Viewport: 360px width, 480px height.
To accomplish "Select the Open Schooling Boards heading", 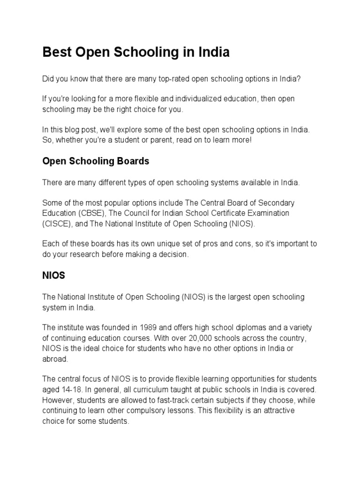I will pos(96,161).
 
